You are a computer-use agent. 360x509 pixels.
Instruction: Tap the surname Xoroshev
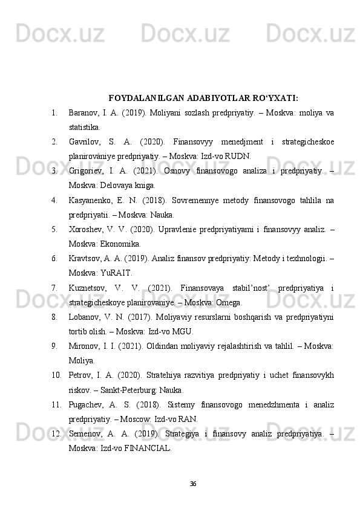pos(85,233)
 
